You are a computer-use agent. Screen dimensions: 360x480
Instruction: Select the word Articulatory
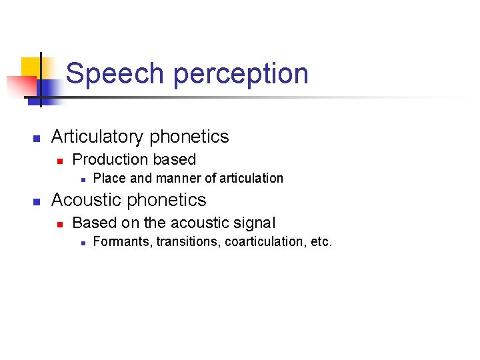pyautogui.click(x=98, y=137)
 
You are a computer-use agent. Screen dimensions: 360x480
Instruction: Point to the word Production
pyautogui.click(x=110, y=159)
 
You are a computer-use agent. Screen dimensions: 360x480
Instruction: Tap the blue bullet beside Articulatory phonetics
pyautogui.click(x=37, y=139)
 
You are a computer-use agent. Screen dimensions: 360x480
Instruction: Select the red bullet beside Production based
pyautogui.click(x=59, y=161)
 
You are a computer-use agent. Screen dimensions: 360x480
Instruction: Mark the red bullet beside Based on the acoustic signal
pyautogui.click(x=59, y=224)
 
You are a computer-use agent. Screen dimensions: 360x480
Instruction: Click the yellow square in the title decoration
pyautogui.click(x=31, y=67)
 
